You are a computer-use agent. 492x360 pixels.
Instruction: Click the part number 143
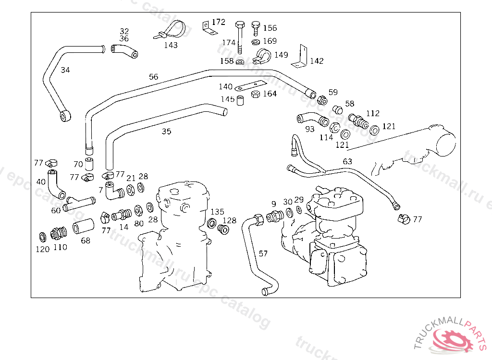tap(171, 45)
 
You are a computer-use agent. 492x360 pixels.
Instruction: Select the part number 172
tap(219, 22)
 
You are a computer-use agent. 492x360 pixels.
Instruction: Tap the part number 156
tap(270, 28)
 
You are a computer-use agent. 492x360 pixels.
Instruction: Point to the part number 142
tap(317, 61)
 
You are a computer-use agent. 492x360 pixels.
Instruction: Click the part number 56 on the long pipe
tap(153, 77)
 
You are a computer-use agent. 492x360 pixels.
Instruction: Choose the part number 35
tap(166, 131)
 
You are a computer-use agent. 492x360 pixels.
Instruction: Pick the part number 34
tap(65, 70)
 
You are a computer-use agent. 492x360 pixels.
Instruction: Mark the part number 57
tap(263, 253)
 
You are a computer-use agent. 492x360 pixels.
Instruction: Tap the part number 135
tap(218, 212)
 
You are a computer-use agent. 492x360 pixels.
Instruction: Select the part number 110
tap(60, 247)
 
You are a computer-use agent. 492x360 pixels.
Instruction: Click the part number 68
tap(86, 240)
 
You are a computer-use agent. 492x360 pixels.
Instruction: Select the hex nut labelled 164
tap(256, 94)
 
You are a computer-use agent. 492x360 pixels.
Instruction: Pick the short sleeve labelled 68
tap(82, 228)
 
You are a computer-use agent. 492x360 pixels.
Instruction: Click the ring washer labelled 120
tap(42, 237)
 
